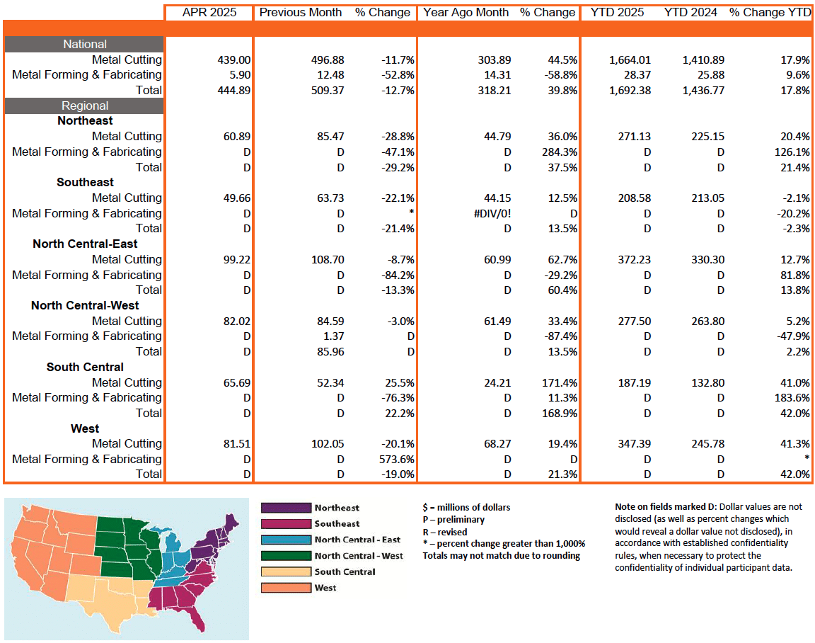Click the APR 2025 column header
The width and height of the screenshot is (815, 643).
tap(209, 12)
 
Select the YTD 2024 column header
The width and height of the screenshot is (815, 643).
tap(691, 12)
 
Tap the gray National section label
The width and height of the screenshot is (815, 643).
tap(85, 44)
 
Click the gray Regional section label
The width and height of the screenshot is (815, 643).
tap(85, 106)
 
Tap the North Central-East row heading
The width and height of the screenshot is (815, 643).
tap(85, 244)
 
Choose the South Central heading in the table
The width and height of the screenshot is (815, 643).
tap(85, 367)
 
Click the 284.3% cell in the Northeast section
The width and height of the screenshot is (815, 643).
tap(557, 152)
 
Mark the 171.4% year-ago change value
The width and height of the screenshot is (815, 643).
tap(557, 382)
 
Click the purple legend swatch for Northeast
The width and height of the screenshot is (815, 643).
tap(286, 508)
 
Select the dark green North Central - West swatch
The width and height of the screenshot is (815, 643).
tap(286, 556)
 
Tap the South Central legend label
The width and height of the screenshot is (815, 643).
tap(345, 571)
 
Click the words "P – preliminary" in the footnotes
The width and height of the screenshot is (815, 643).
tap(453, 519)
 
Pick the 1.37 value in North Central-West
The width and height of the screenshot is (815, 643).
tap(332, 336)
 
